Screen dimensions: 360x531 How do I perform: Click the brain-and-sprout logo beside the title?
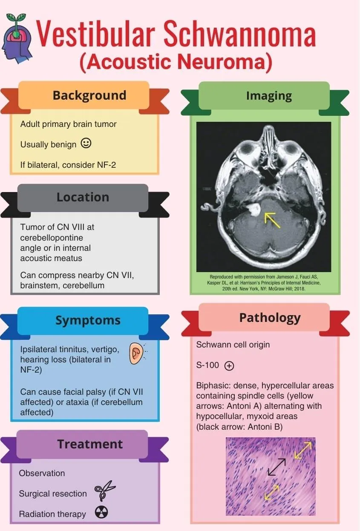pyautogui.click(x=17, y=38)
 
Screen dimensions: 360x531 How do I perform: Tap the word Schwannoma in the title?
pyautogui.click(x=239, y=34)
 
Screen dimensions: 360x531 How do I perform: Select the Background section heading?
pyautogui.click(x=89, y=95)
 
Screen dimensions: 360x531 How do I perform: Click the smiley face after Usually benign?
pyautogui.click(x=86, y=143)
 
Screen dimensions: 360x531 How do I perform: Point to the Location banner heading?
pyautogui.click(x=83, y=197)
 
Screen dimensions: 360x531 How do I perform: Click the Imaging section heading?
pyautogui.click(x=269, y=96)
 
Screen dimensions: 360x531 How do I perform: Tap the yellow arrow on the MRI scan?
pyautogui.click(x=272, y=220)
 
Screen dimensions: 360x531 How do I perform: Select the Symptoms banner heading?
pyautogui.click(x=88, y=321)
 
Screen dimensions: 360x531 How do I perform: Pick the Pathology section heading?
pyautogui.click(x=270, y=318)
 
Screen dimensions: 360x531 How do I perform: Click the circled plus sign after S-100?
pyautogui.click(x=229, y=365)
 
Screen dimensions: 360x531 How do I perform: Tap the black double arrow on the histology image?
pyautogui.click(x=276, y=467)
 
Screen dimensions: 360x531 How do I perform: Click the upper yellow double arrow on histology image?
pyautogui.click(x=303, y=450)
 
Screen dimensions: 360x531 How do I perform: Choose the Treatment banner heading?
pyautogui.click(x=90, y=444)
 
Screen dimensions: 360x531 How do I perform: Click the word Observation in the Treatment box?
pyautogui.click(x=42, y=473)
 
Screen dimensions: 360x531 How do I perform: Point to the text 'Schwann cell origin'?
pyautogui.click(x=233, y=344)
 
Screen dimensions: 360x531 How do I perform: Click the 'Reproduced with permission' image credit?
pyautogui.click(x=264, y=283)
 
